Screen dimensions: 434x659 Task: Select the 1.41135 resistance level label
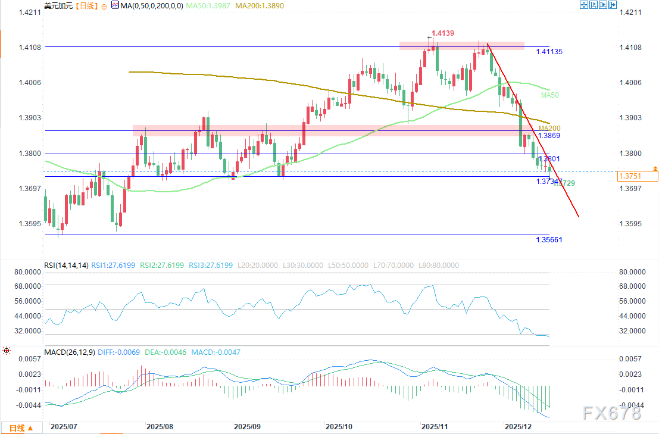pyautogui.click(x=549, y=52)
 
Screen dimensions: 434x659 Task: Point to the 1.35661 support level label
pyautogui.click(x=549, y=240)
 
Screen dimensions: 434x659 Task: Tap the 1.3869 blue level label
pyautogui.click(x=548, y=136)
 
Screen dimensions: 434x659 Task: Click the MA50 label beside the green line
pyautogui.click(x=549, y=95)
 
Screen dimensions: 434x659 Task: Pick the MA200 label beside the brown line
pyautogui.click(x=549, y=128)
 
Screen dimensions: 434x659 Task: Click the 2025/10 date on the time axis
pyautogui.click(x=339, y=427)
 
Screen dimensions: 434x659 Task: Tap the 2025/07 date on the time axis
pyautogui.click(x=65, y=427)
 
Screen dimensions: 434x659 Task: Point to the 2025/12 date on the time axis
pyautogui.click(x=518, y=427)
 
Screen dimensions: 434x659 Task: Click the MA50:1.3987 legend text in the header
pyautogui.click(x=208, y=5)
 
